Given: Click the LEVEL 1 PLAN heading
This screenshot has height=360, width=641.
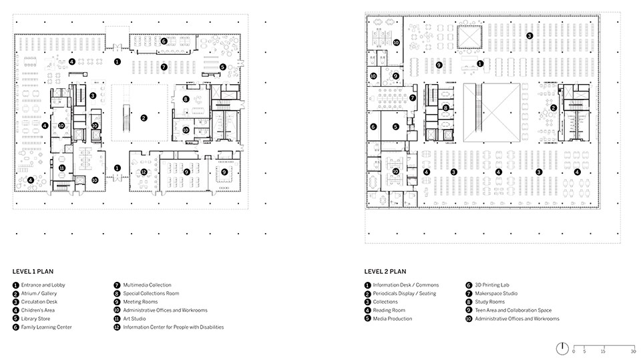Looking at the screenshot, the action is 33,271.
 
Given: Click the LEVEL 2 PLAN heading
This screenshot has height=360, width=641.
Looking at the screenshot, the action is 385,271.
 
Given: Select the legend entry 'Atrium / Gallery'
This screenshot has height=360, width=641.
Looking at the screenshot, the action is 39,293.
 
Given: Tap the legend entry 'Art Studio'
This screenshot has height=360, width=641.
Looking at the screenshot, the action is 134,319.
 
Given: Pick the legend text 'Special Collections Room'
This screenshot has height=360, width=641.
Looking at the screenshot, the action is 151,293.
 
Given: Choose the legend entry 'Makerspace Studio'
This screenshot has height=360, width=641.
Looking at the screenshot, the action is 496,293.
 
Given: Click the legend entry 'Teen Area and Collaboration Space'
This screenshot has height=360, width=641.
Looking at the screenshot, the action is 513,310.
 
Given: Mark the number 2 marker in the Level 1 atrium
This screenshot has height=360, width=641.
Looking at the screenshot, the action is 144,118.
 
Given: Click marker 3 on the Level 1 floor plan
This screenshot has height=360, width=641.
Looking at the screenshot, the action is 93,96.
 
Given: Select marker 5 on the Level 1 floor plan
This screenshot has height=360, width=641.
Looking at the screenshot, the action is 222,67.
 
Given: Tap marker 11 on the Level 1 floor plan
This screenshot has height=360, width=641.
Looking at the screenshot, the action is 61,168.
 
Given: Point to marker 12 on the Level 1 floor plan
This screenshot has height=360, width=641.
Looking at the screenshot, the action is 144,172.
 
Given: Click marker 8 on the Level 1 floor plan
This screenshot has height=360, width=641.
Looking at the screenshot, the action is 186,99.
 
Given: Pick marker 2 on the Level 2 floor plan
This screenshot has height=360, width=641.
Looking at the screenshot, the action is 554,108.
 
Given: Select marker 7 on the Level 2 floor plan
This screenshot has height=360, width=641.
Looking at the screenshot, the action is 413,98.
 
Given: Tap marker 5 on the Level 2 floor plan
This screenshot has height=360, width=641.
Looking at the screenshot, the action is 395,127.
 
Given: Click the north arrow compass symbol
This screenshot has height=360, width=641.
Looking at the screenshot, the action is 562,348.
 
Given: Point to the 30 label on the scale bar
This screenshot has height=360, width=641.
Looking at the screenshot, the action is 633,351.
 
